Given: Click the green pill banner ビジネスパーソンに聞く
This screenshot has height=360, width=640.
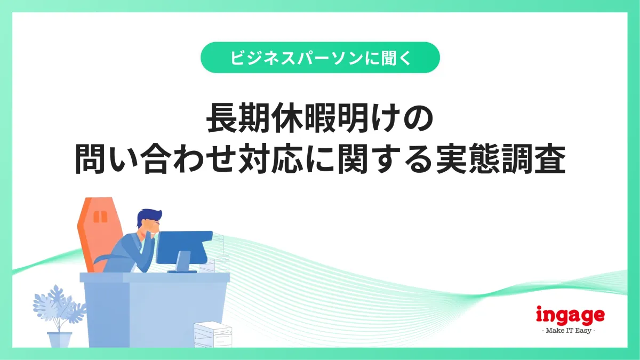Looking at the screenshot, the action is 320,58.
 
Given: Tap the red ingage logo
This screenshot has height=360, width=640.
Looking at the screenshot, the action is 570,316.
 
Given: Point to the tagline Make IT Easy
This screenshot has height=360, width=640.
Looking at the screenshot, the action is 569,331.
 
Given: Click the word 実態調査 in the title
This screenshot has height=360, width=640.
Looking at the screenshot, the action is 501,158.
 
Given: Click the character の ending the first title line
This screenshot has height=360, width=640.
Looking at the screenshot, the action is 419,119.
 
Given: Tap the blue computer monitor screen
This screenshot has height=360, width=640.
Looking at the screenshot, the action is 183,247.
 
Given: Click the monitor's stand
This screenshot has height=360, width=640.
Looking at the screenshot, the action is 183,262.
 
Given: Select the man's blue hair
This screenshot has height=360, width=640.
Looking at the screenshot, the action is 148,217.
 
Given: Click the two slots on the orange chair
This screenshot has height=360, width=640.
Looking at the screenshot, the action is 100,217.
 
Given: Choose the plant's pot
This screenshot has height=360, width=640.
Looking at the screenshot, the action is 59,340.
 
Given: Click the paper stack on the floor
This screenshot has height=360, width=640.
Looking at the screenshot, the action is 213,334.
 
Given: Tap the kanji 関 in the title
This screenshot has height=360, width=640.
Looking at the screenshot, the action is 353,159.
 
